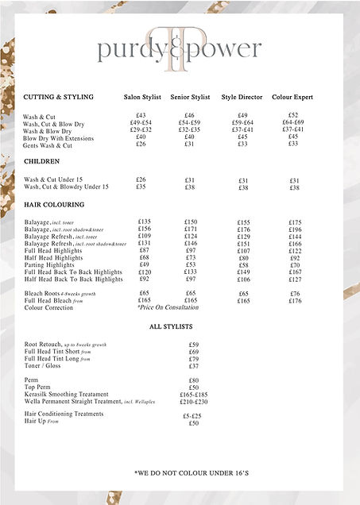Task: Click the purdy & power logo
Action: pyautogui.click(x=180, y=50)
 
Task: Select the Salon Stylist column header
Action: pyautogui.click(x=143, y=97)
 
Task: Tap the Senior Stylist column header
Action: pyautogui.click(x=191, y=97)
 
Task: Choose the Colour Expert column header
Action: pyautogui.click(x=293, y=97)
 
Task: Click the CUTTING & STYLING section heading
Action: pyautogui.click(x=59, y=97)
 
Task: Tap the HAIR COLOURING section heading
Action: pyautogui.click(x=54, y=205)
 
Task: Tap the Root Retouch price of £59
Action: pyautogui.click(x=194, y=345)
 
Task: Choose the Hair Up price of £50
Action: pyautogui.click(x=194, y=423)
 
